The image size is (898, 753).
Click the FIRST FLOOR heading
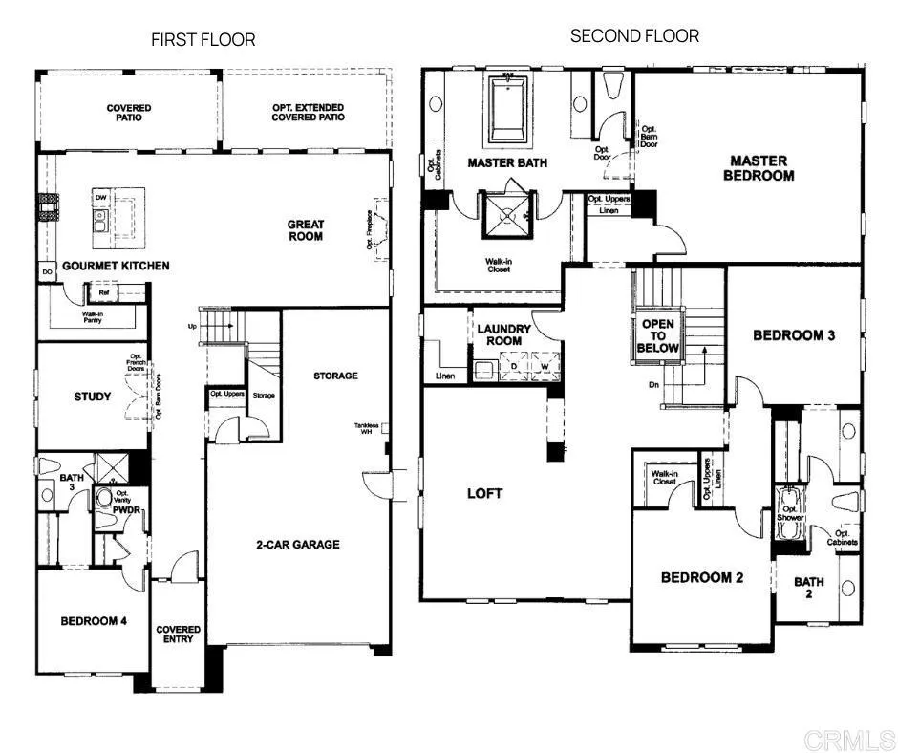[x=203, y=39]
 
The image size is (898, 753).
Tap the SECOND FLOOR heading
[x=634, y=36]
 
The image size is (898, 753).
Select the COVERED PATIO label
[x=129, y=113]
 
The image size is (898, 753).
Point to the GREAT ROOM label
[x=306, y=230]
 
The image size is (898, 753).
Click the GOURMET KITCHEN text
[x=116, y=265]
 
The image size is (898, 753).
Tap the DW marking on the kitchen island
[x=100, y=197]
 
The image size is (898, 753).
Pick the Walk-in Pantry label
[x=92, y=318]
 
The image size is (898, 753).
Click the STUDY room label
[x=93, y=396]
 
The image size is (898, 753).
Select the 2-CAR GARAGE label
[x=296, y=545]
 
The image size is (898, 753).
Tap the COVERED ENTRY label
[x=179, y=635]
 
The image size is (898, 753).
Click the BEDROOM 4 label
[x=94, y=621]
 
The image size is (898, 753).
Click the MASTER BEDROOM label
[x=759, y=168]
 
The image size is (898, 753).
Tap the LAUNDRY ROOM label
[x=504, y=334]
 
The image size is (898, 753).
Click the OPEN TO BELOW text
[x=657, y=336]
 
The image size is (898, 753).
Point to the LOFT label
[x=484, y=493]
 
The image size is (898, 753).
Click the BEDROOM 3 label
[x=794, y=335]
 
